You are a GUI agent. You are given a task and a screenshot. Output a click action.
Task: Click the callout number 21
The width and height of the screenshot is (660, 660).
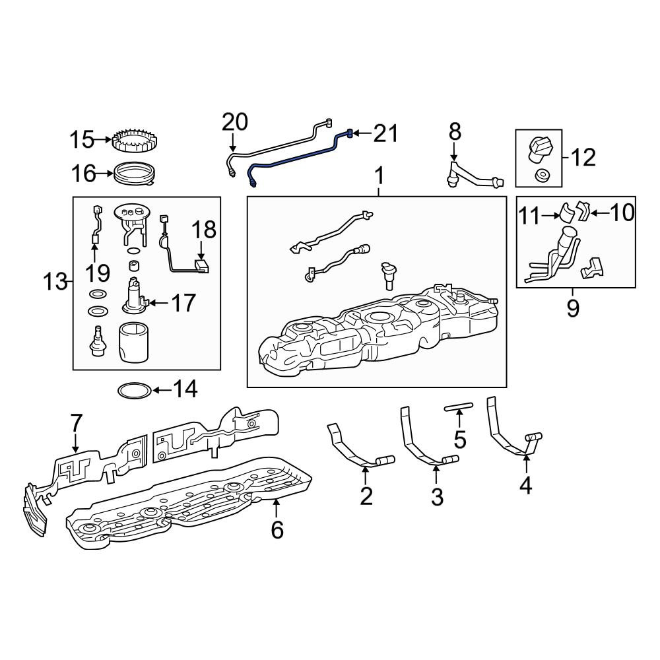[x=385, y=133]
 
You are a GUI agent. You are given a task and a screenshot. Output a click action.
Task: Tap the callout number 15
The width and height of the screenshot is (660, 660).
[x=82, y=139]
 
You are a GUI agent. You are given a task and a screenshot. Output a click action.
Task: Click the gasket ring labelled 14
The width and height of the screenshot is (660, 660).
[x=134, y=391]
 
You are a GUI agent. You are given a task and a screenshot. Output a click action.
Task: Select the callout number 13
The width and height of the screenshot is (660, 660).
[x=55, y=281]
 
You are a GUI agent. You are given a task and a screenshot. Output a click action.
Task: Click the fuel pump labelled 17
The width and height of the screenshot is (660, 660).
[x=135, y=297]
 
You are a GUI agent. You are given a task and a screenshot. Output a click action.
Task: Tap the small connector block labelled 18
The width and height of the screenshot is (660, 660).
[x=203, y=266]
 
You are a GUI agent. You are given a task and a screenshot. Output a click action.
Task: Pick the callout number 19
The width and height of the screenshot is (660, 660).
[x=98, y=273]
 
